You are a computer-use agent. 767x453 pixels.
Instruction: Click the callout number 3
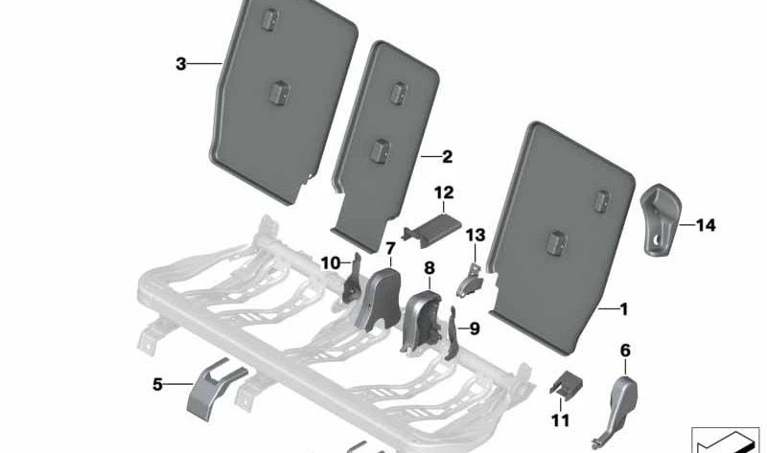tap(181, 64)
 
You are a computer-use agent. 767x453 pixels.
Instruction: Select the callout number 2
tap(447, 157)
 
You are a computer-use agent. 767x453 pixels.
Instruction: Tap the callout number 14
tap(706, 225)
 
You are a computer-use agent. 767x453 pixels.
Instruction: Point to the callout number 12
tap(444, 193)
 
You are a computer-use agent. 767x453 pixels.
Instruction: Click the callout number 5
tap(157, 385)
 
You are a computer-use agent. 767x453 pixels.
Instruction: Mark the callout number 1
tap(624, 309)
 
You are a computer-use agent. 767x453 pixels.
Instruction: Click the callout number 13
tap(476, 236)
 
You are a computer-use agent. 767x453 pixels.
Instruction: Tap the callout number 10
tap(331, 263)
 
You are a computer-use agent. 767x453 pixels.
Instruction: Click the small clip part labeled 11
tap(567, 383)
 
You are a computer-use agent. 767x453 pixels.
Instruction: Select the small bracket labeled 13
tap(470, 281)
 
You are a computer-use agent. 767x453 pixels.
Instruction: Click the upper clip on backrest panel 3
tap(268, 20)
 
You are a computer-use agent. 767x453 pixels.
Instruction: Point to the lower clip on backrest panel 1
tap(556, 242)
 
